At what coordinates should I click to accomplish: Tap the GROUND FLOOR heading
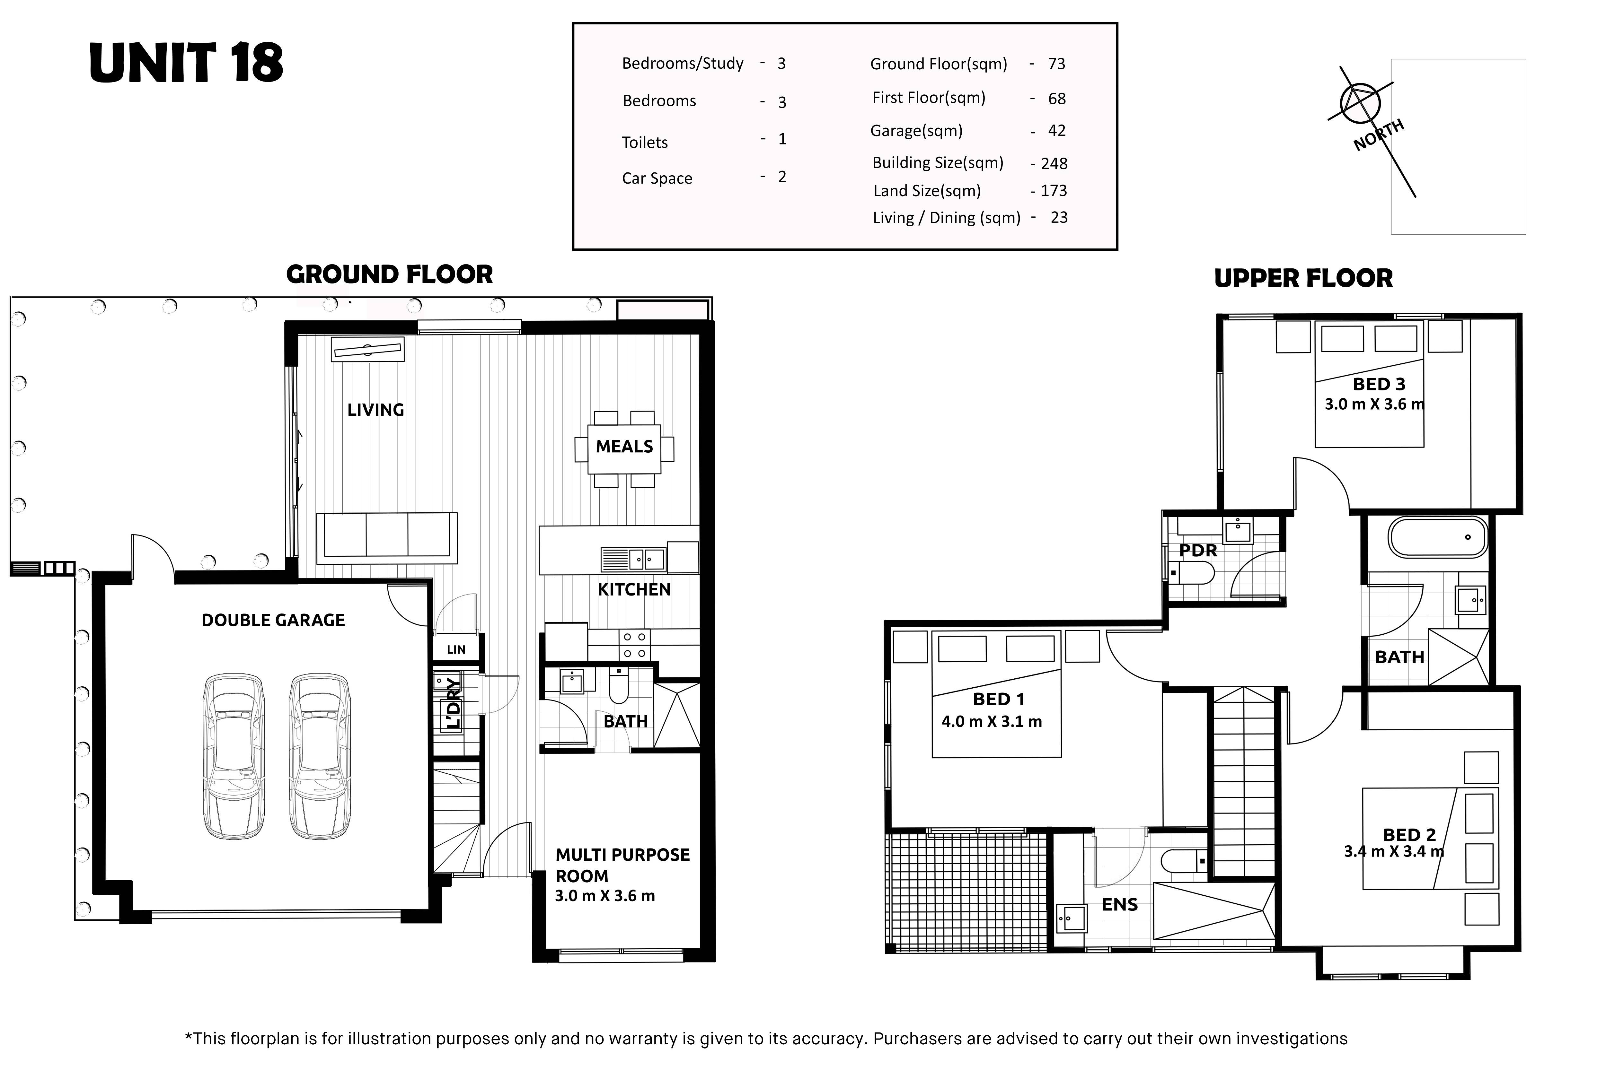(389, 274)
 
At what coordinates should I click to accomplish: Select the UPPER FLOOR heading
(1303, 278)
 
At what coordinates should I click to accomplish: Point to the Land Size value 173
(1054, 191)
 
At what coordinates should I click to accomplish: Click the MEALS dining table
(624, 448)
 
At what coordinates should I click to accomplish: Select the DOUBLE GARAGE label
(273, 620)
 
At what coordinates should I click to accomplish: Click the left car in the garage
(234, 756)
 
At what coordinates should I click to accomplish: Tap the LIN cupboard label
(456, 650)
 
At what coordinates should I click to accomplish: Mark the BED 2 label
(1409, 835)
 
